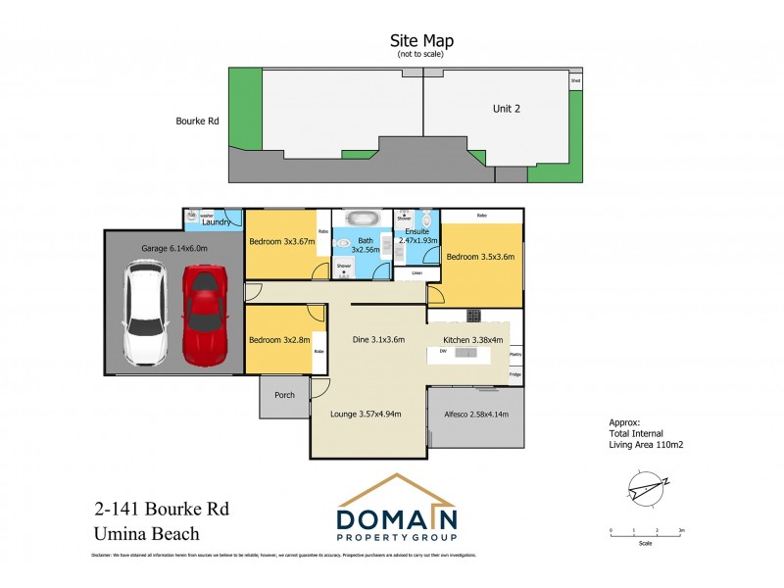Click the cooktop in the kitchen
point(472,315)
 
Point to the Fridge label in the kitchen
point(514,375)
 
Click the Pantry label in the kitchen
point(514,355)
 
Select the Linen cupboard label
point(416,272)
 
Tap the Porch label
point(284,397)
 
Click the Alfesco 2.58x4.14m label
point(475,414)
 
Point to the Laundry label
point(217,223)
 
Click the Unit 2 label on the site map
point(506,109)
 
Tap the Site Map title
point(420,40)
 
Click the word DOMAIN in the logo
point(397,519)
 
